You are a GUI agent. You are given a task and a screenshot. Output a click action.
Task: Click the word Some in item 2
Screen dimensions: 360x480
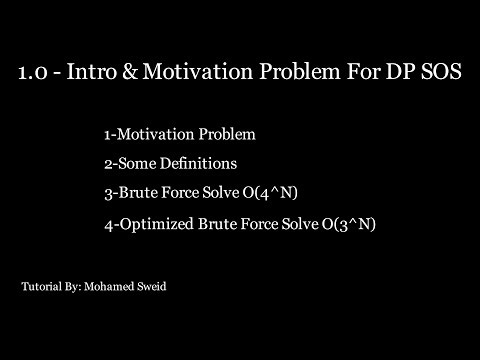click(x=140, y=163)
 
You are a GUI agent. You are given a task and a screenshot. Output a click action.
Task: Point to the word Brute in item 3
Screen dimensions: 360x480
click(x=136, y=192)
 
